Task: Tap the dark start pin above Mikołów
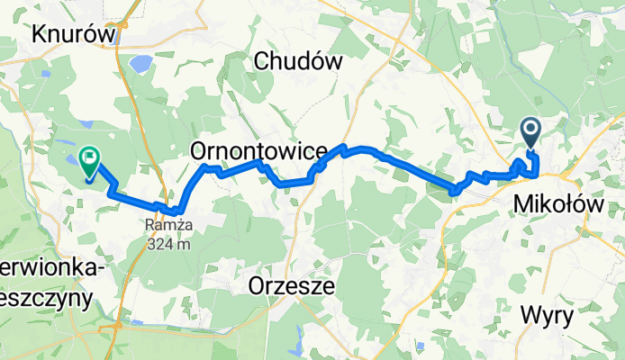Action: point(530,134)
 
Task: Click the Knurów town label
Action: point(75,34)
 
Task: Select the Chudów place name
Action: point(300,61)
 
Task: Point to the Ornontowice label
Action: point(258,153)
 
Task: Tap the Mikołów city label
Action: point(557,204)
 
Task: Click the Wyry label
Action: point(548,316)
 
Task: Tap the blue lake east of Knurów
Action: point(141,64)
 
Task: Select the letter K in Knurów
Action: point(39,34)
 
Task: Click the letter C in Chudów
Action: point(263,61)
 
